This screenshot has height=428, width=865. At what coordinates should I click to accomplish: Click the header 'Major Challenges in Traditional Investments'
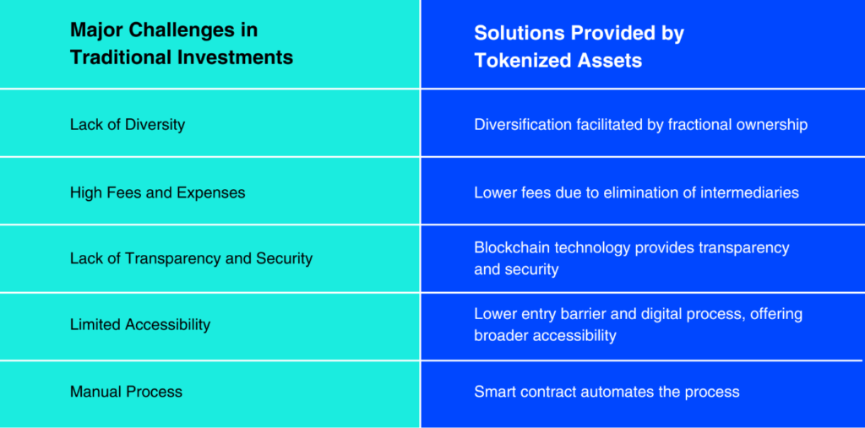182,44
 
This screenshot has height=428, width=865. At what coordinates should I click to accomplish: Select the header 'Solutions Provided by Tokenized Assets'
579,47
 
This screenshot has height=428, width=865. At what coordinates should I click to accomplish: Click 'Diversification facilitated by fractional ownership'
641,125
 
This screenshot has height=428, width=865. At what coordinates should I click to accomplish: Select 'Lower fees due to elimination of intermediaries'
637,192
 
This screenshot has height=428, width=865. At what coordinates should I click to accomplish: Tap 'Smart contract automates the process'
607,392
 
